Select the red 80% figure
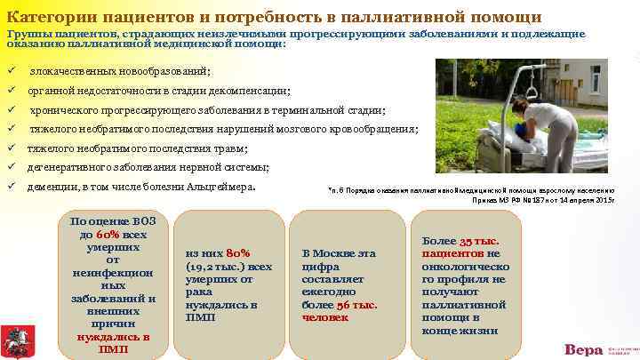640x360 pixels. pos(239,252)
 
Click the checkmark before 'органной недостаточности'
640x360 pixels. pos(12,91)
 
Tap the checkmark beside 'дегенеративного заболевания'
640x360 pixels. pos(12,167)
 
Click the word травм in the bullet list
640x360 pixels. pos(231,148)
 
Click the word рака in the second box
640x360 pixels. pos(200,291)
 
